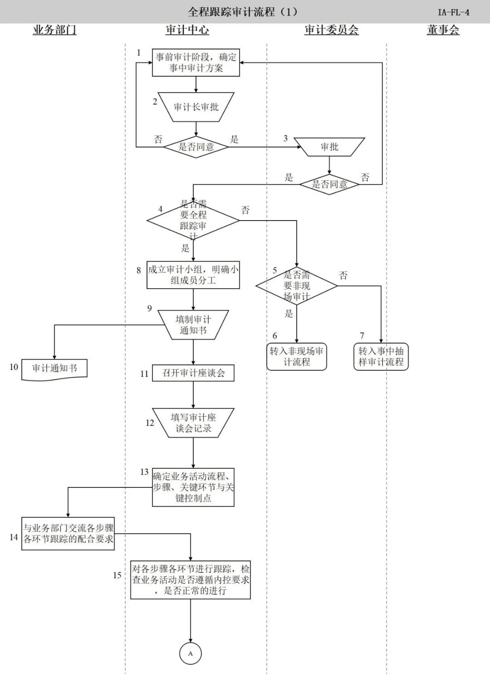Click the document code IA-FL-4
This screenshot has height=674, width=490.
coord(453,12)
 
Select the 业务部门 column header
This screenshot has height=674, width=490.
coord(54,30)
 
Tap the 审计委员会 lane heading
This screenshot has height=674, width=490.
coord(331,30)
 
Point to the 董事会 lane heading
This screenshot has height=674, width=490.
coord(443,30)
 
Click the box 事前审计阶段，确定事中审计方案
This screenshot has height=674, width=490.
coord(196,63)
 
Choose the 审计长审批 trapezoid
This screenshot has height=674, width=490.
coord(196,107)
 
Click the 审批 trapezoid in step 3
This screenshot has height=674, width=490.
coord(329,147)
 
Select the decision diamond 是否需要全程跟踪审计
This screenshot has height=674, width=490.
coord(193,221)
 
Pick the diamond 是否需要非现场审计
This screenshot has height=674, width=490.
coord(297,286)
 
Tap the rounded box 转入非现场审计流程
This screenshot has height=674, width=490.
coord(297,357)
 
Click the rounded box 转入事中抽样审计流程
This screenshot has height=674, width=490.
coord(381,357)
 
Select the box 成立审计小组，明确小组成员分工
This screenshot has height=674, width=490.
coord(193,275)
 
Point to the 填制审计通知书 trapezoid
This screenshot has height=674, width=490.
coord(193,325)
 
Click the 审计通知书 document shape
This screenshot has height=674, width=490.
coord(54,369)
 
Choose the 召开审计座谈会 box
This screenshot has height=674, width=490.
coord(193,373)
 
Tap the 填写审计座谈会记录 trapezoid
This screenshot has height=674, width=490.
coord(193,423)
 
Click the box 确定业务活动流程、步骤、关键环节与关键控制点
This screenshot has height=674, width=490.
coord(193,487)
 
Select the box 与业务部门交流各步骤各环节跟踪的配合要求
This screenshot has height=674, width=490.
coord(68,534)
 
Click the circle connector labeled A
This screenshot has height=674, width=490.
coord(190,654)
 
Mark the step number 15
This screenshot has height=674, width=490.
coord(117,575)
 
